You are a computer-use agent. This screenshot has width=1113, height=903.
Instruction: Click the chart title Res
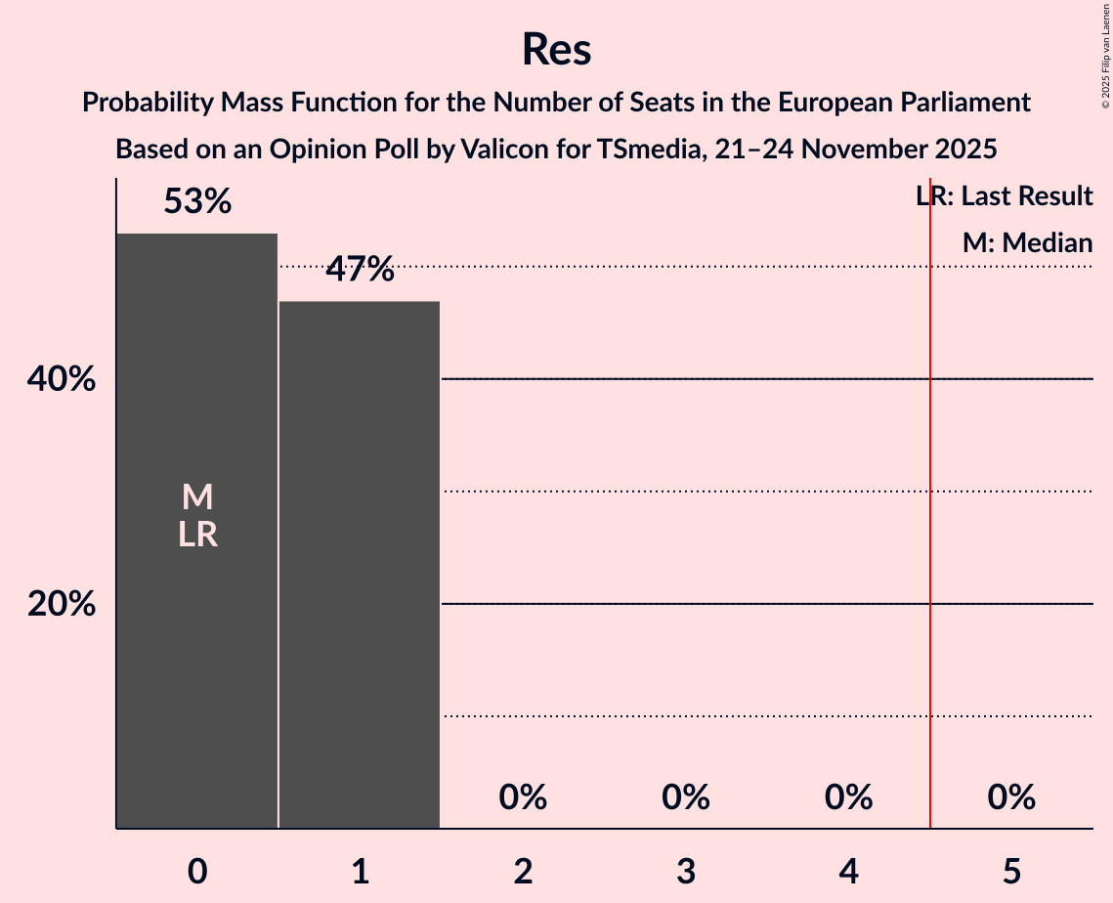point(556,49)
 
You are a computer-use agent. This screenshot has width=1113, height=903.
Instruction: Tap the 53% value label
point(197,202)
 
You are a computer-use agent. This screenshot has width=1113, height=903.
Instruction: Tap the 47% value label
point(360,270)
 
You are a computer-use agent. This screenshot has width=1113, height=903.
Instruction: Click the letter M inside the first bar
point(197,497)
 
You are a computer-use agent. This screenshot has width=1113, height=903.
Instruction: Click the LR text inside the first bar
point(197,535)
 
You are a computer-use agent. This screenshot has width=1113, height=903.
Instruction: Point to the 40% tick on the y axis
point(62,379)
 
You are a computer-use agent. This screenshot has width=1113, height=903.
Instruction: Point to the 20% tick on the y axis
point(62,605)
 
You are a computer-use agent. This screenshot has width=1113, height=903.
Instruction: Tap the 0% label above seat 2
point(523,798)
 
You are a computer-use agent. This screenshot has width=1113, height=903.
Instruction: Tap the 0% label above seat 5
point(1011,798)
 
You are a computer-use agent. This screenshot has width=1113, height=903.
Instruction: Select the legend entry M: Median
point(1027,243)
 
